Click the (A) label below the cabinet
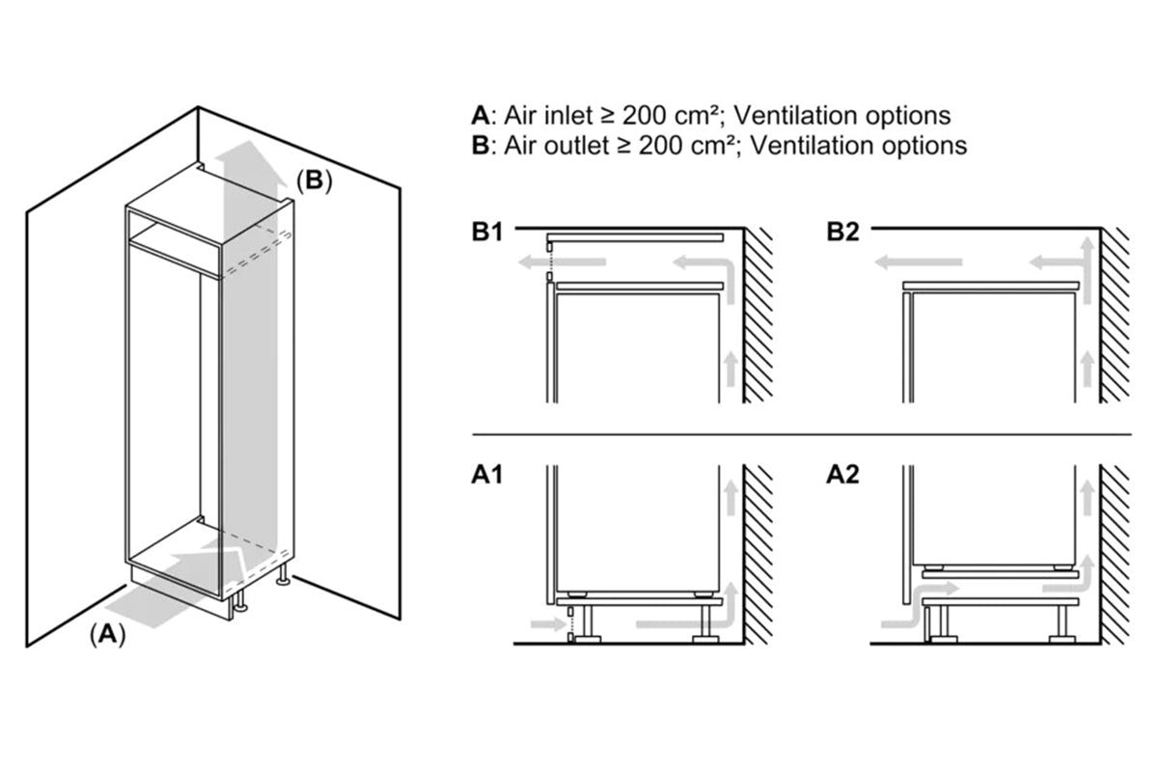click(107, 634)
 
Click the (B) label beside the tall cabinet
click(314, 180)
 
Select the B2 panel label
click(842, 233)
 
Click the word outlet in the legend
click(572, 146)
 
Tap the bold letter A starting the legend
click(480, 116)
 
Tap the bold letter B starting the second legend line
click(480, 146)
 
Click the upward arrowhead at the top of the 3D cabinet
click(246, 154)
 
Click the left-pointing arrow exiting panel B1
click(560, 262)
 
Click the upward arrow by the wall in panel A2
click(1088, 502)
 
